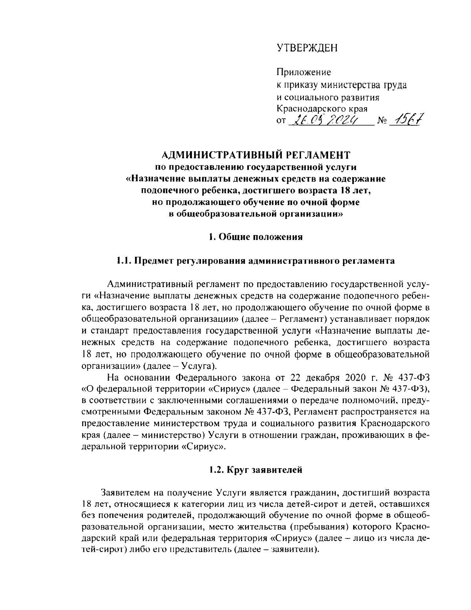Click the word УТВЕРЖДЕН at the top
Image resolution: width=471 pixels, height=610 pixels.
coord(307,48)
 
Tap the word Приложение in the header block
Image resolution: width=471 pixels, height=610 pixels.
coord(304,72)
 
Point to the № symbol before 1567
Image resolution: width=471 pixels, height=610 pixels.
coord(382,121)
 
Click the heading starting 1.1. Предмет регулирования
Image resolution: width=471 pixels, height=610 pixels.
coord(255,261)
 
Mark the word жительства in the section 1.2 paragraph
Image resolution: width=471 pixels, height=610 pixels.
coord(307,526)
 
